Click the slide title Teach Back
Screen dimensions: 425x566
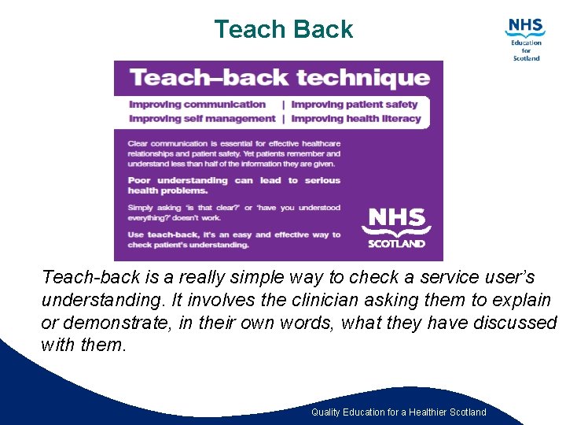(x=283, y=29)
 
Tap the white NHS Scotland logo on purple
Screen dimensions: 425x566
(x=396, y=227)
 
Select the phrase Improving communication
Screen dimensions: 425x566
(x=197, y=104)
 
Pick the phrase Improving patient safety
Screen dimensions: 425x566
(x=354, y=104)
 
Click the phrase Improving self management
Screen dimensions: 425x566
(x=202, y=119)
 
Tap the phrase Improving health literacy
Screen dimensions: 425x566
(x=356, y=119)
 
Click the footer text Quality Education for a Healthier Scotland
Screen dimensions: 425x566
(x=399, y=412)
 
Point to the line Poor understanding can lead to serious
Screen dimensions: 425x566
(x=234, y=180)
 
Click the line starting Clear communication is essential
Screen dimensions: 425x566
(x=234, y=143)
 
